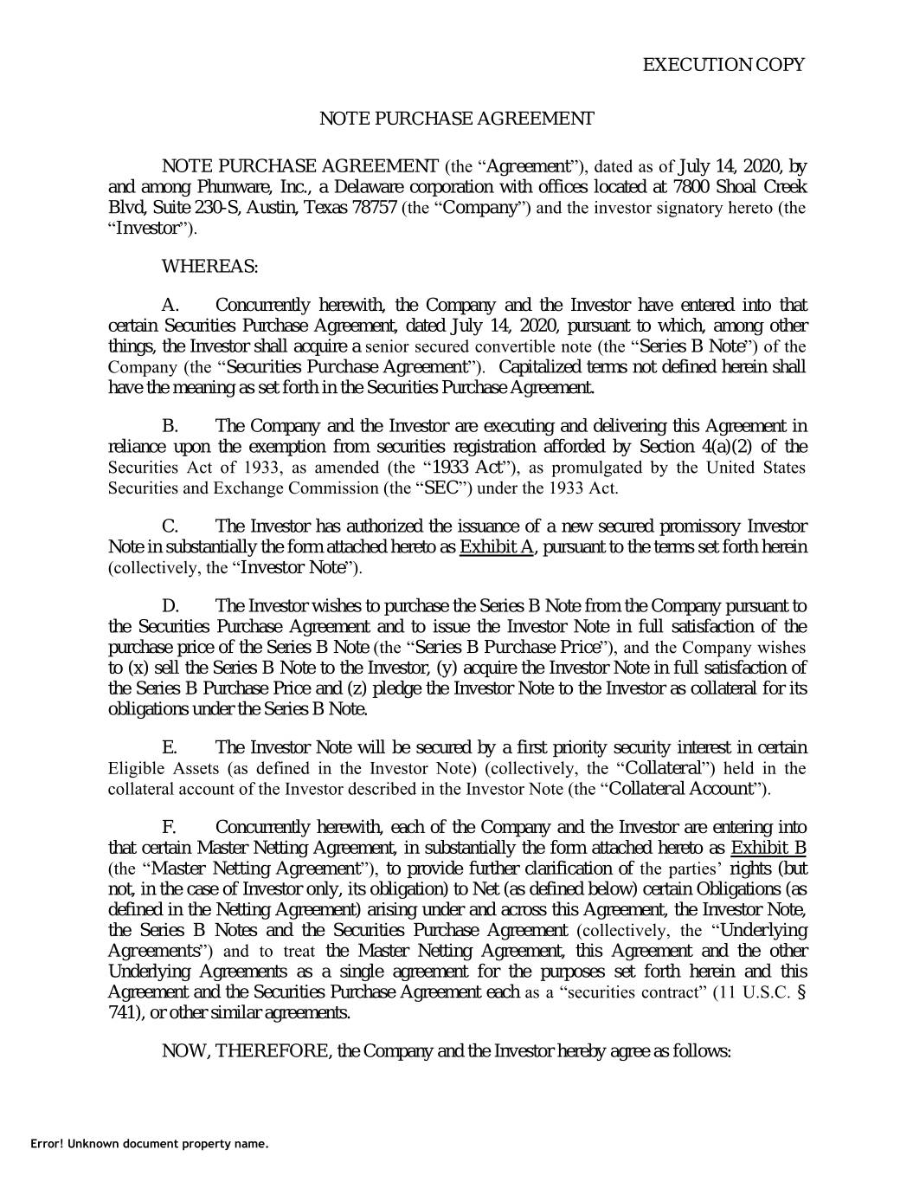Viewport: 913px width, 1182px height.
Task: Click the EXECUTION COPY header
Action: click(x=723, y=65)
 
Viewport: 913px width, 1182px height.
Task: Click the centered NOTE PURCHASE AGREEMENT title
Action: click(x=457, y=119)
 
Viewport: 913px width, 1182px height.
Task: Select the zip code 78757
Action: click(x=373, y=208)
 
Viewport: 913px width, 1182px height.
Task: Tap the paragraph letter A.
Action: click(x=170, y=306)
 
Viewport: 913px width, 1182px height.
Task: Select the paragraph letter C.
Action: click(x=170, y=526)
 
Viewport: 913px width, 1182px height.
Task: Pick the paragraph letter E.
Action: click(x=169, y=747)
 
